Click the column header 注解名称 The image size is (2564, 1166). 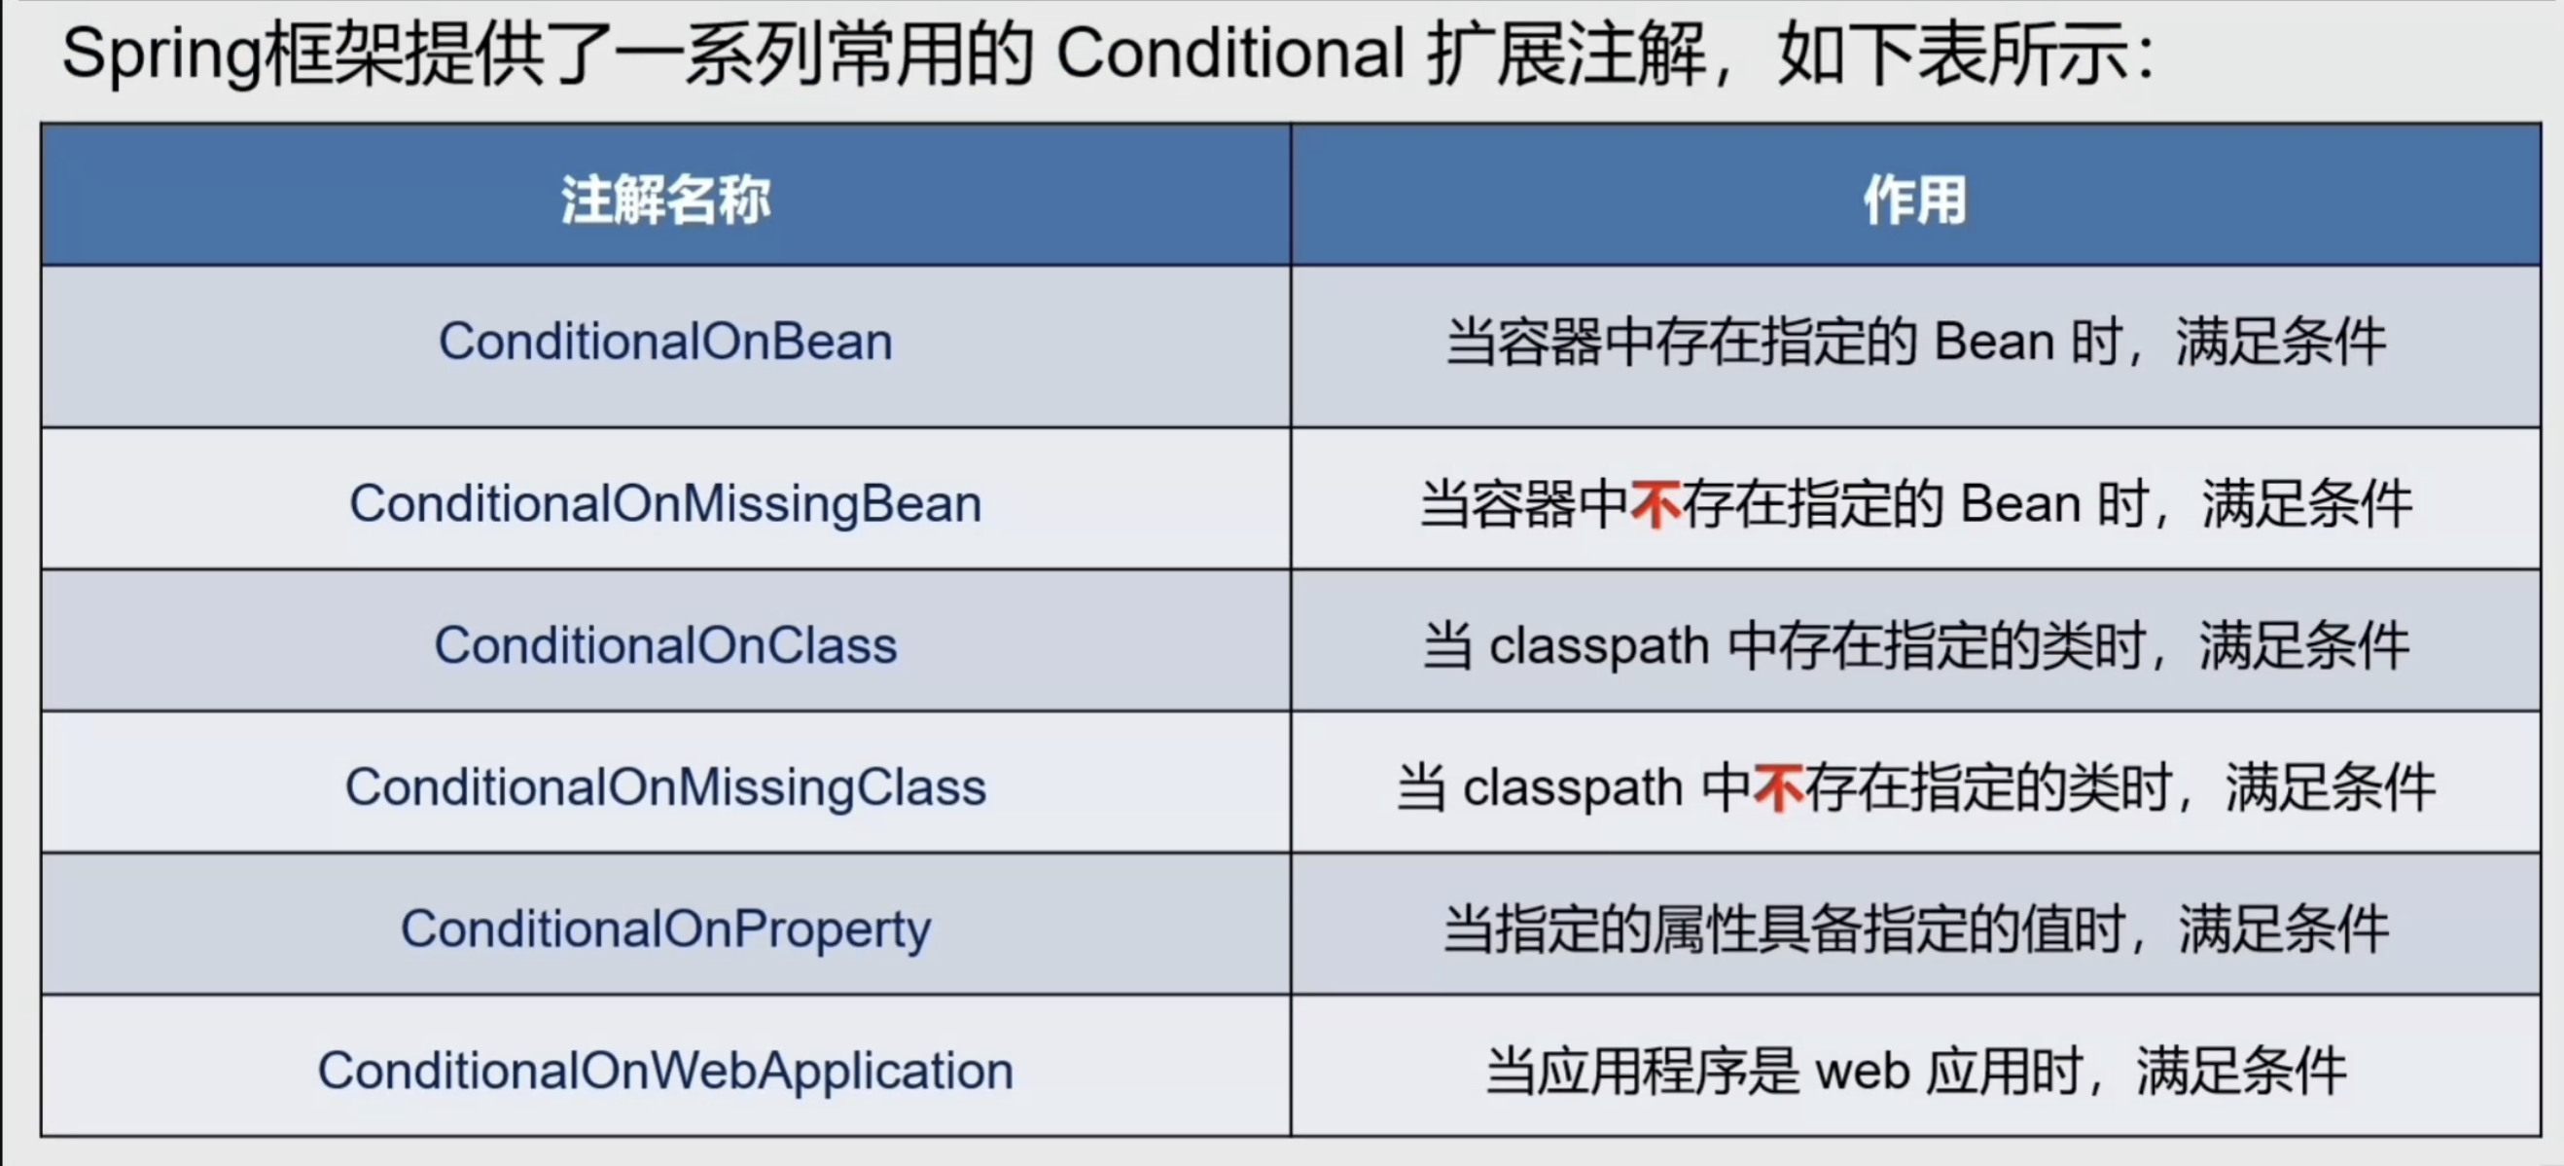pos(665,200)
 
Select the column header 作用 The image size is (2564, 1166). pos(1915,200)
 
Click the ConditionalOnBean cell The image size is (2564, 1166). pos(665,342)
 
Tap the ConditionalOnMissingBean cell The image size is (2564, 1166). pos(665,503)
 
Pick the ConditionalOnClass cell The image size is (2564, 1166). pos(665,644)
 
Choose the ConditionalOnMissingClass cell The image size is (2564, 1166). pos(665,786)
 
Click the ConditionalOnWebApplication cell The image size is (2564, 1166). pos(665,1071)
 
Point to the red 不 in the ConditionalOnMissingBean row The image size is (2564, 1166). pos(1656,503)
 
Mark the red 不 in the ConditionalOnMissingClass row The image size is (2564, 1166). pos(1778,787)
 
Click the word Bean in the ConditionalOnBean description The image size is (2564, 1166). pos(1994,342)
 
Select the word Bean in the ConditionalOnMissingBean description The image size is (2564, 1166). pos(2020,503)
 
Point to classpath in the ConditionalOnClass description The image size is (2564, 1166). pos(1598,646)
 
